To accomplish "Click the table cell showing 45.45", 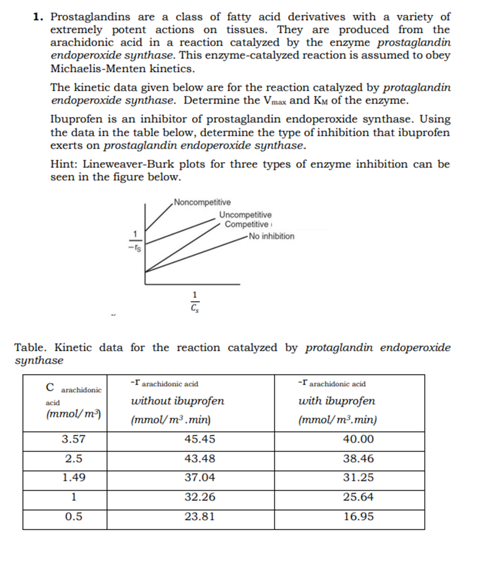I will pyautogui.click(x=200, y=439).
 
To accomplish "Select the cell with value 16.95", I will pyautogui.click(x=358, y=517).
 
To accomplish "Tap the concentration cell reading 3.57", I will pyautogui.click(x=74, y=439).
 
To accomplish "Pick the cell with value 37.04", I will pyautogui.click(x=200, y=478).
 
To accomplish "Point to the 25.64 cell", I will pyautogui.click(x=358, y=497).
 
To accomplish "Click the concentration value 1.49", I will pyautogui.click(x=74, y=478).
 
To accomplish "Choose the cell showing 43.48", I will pyautogui.click(x=200, y=458).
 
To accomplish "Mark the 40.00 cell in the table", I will pyautogui.click(x=358, y=439).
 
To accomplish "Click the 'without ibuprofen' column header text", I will pyautogui.click(x=177, y=401).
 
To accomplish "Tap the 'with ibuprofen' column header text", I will pyautogui.click(x=337, y=401).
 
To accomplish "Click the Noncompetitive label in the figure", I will pyautogui.click(x=202, y=202).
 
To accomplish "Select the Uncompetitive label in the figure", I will pyautogui.click(x=245, y=215).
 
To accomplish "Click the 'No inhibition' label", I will pyautogui.click(x=272, y=236).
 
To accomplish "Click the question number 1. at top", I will pyautogui.click(x=39, y=17).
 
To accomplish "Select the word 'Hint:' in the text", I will pyautogui.click(x=63, y=164).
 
